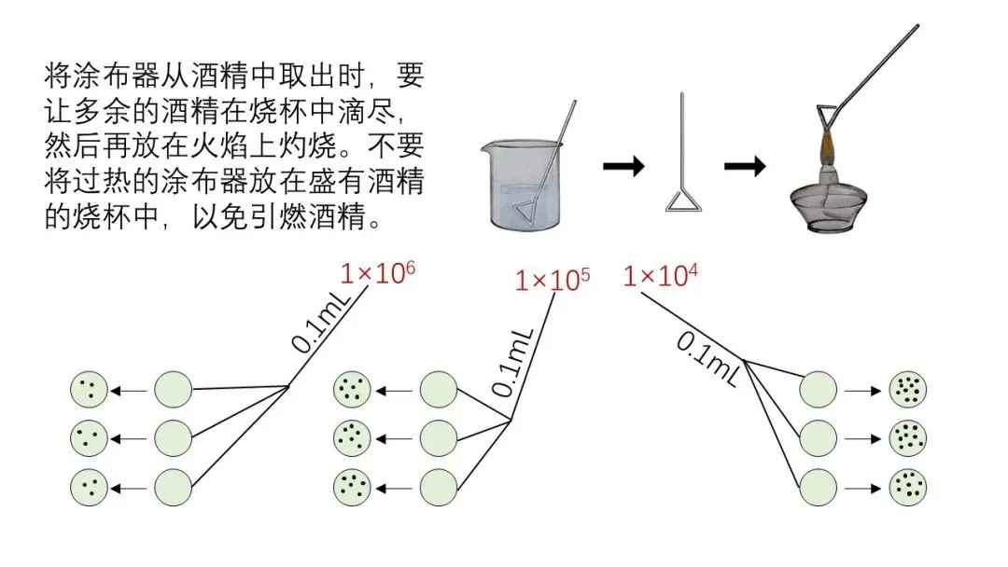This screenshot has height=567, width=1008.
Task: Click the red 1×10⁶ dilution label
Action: [x=378, y=275]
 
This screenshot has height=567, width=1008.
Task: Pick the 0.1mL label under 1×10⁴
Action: [x=707, y=359]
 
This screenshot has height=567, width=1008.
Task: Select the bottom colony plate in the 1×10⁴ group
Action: [x=908, y=487]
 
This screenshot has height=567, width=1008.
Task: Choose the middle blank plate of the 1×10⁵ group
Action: [x=439, y=437]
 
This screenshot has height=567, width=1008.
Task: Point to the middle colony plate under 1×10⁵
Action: [x=353, y=437]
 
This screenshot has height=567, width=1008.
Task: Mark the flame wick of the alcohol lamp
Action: [x=827, y=149]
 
